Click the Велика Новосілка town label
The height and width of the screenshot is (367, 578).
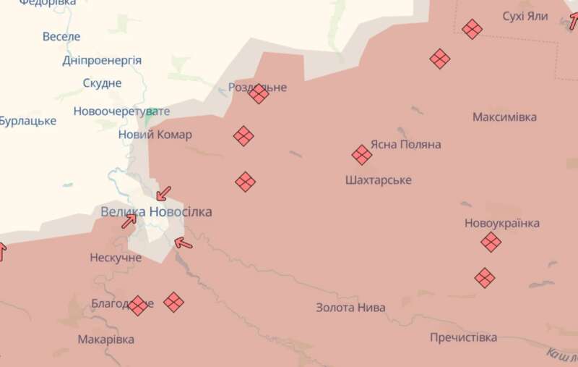pyautogui.click(x=157, y=212)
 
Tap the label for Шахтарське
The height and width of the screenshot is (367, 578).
pyautogui.click(x=379, y=180)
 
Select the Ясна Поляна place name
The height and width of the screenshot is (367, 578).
pyautogui.click(x=405, y=145)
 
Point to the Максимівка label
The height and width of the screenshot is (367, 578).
pyautogui.click(x=504, y=117)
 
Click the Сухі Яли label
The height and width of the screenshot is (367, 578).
pyautogui.click(x=525, y=16)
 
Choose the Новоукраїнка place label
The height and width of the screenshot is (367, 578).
pyautogui.click(x=501, y=224)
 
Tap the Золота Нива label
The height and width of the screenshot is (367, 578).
pyautogui.click(x=350, y=308)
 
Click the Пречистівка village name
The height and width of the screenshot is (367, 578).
pyautogui.click(x=463, y=337)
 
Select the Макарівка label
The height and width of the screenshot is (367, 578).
pyautogui.click(x=106, y=339)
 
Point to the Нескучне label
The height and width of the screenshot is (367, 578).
pyautogui.click(x=116, y=258)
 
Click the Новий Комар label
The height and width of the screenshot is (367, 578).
pyautogui.click(x=155, y=135)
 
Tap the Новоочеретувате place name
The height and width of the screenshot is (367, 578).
pyautogui.click(x=121, y=111)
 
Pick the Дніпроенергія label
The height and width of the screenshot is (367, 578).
pyautogui.click(x=102, y=60)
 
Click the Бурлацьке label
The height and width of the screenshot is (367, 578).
pyautogui.click(x=27, y=121)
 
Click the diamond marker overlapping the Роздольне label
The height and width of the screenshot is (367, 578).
pyautogui.click(x=258, y=93)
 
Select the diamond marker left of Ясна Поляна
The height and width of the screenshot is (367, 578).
pyautogui.click(x=362, y=154)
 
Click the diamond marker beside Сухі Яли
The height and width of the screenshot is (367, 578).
pyautogui.click(x=472, y=29)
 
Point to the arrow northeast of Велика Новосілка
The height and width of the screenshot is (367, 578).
pyautogui.click(x=164, y=193)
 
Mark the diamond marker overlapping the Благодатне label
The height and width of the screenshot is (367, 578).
pyautogui.click(x=138, y=305)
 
